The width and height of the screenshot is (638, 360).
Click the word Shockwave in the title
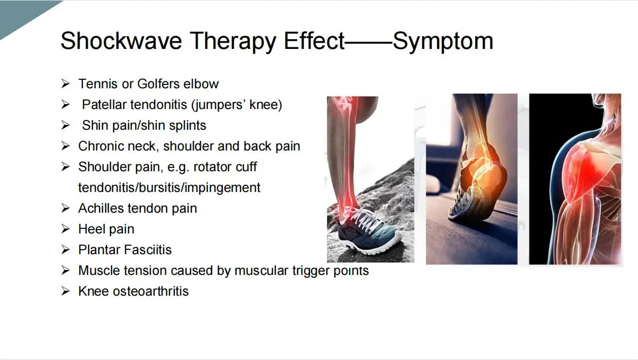tap(121, 40)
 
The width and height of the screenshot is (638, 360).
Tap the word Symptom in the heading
tap(443, 41)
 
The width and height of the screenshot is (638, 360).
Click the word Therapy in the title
tap(233, 41)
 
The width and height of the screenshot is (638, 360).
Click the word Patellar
tap(104, 105)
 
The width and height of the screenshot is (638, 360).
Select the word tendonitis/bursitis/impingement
tap(169, 188)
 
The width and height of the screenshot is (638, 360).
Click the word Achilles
tap(101, 208)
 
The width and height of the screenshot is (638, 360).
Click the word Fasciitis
tap(148, 250)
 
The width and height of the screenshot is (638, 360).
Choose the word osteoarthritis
tap(150, 291)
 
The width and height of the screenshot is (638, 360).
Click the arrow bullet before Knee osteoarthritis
tap(65, 291)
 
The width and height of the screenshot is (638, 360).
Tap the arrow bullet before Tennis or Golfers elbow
tap(65, 83)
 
